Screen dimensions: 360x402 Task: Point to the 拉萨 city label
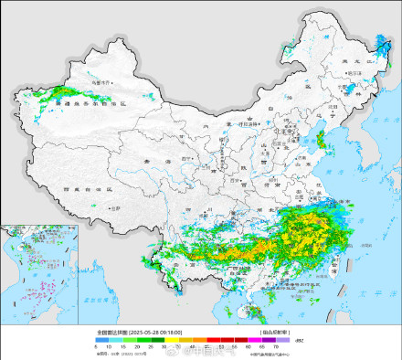click(114, 209)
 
